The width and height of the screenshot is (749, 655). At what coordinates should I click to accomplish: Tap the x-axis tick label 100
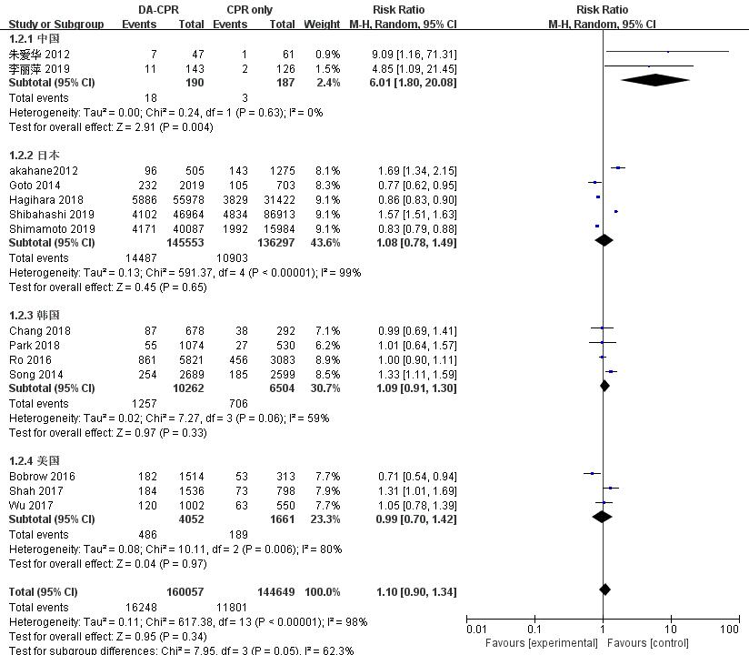tap(729, 629)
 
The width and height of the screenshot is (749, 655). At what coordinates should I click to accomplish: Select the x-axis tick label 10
tap(670, 629)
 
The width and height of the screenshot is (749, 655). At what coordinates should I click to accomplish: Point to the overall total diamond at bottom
tap(604, 590)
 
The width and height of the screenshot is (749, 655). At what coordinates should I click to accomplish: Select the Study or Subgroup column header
tap(50, 25)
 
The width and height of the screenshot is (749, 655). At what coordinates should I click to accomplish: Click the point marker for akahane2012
tap(618, 168)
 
